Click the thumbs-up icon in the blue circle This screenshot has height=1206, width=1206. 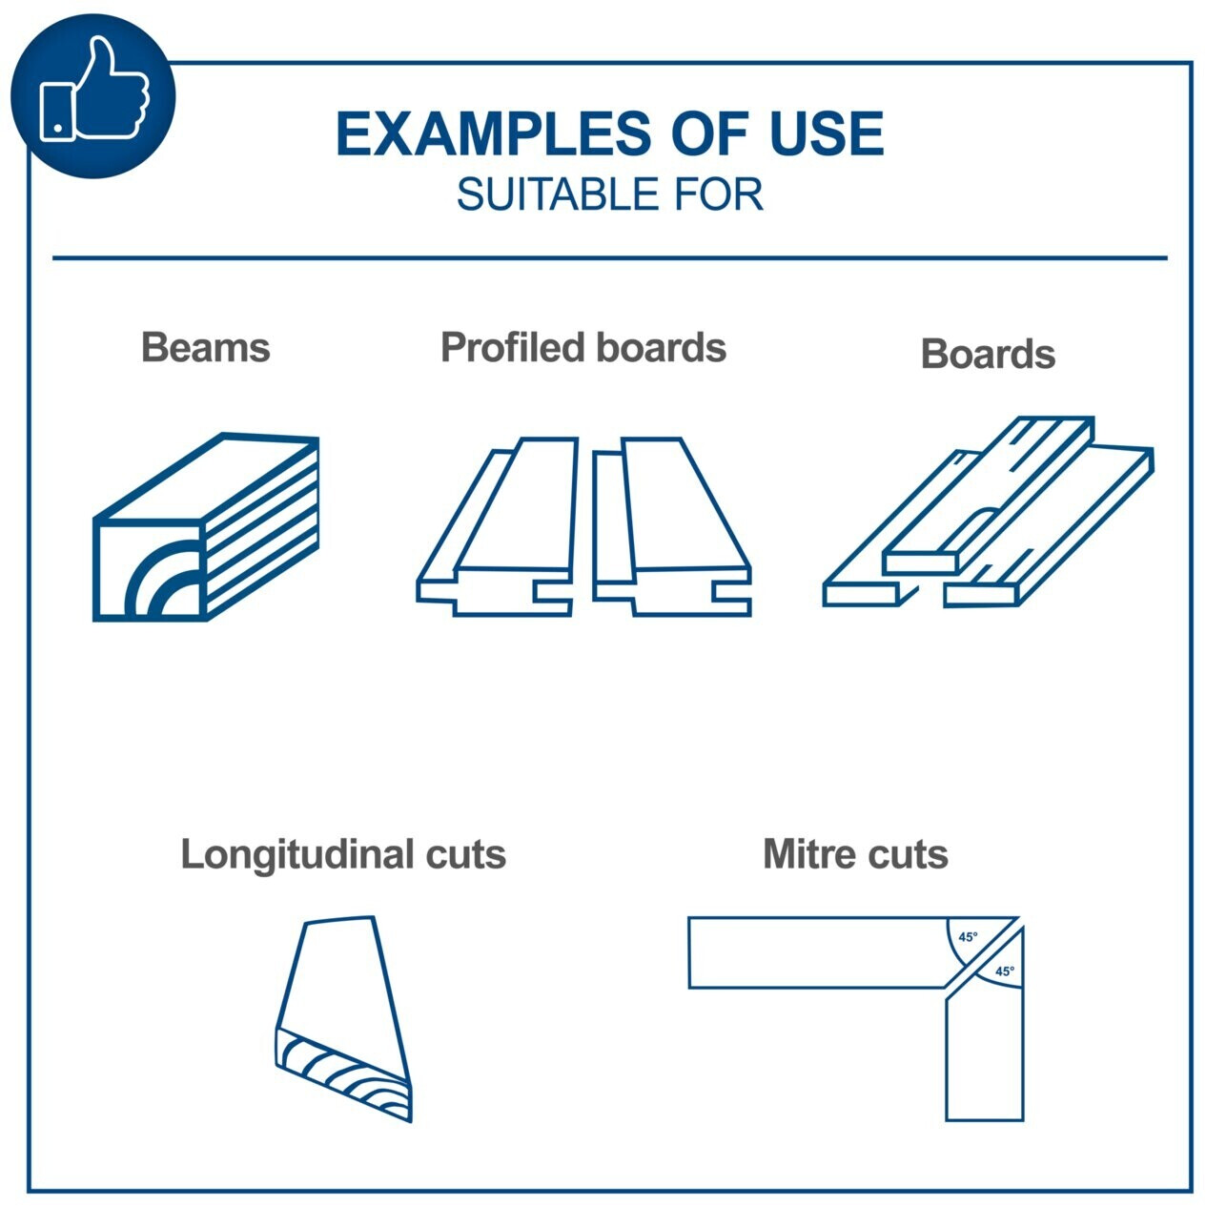(x=94, y=89)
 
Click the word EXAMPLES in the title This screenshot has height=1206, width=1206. (x=494, y=133)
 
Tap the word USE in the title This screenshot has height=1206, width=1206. (x=827, y=133)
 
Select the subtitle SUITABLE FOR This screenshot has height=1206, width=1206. (x=609, y=194)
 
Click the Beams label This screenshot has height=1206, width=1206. (x=205, y=347)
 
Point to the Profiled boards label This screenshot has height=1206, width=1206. (x=583, y=347)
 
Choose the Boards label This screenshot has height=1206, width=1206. (x=988, y=354)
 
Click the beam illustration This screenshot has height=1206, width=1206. (x=206, y=527)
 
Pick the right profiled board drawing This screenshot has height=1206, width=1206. (x=671, y=527)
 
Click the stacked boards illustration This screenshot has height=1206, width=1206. (x=989, y=511)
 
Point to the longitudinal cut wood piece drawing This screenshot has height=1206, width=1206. (x=343, y=1019)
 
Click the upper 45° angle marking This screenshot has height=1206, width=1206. (x=967, y=937)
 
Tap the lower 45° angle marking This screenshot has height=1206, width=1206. (x=1004, y=971)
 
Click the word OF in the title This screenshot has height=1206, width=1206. (x=710, y=133)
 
